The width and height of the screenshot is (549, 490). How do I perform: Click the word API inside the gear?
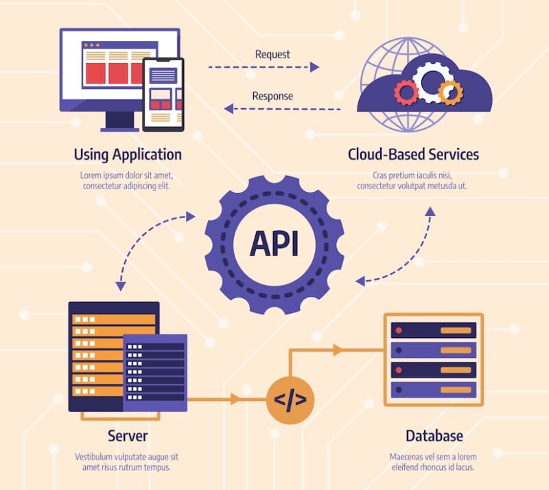[x=274, y=243]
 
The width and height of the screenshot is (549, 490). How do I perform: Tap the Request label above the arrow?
[x=272, y=54]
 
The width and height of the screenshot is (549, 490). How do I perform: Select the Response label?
[x=272, y=96]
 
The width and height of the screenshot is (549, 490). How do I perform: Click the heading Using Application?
[x=128, y=154]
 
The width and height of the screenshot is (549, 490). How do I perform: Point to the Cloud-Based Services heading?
[x=413, y=154]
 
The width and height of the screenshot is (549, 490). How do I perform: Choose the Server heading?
[x=128, y=435]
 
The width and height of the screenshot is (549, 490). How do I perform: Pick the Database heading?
[x=434, y=436]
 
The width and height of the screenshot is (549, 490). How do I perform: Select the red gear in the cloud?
[x=406, y=92]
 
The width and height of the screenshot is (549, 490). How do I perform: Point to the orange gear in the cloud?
[x=450, y=92]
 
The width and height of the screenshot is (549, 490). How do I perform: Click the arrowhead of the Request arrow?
[x=315, y=67]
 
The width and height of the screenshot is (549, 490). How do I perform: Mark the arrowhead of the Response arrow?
[x=229, y=108]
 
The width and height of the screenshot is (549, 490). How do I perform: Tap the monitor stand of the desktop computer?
[x=121, y=121]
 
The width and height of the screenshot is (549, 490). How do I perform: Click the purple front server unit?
[x=155, y=372]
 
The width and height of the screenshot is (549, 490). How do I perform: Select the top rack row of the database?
[x=433, y=330]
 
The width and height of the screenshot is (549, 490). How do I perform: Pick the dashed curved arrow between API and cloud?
[x=405, y=254]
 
